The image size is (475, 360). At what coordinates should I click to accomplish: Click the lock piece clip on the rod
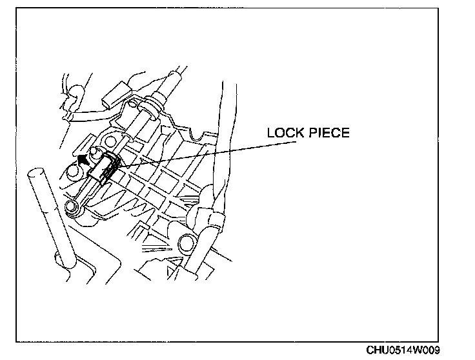click(x=105, y=169)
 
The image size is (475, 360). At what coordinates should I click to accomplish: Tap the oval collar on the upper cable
click(x=150, y=106)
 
